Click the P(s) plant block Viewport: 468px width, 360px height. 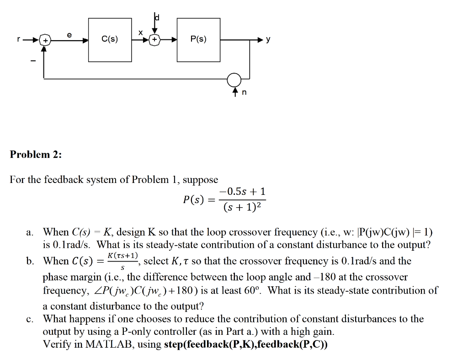[x=198, y=39]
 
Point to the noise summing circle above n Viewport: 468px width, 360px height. [x=236, y=79]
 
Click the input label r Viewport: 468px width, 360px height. [x=18, y=39]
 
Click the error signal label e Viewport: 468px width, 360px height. [x=69, y=34]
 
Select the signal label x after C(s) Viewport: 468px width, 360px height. [x=141, y=33]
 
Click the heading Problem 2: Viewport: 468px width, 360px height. [x=36, y=154]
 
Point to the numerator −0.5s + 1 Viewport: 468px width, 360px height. [x=242, y=191]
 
